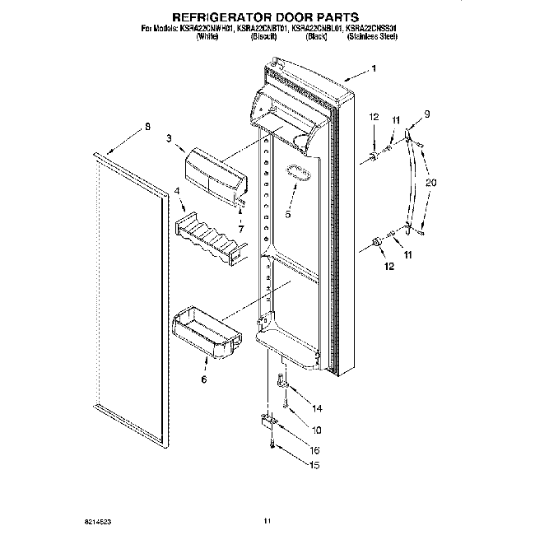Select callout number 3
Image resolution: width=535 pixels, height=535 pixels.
tap(169, 139)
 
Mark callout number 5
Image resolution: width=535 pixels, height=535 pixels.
tap(288, 214)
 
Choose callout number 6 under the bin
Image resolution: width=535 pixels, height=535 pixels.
tap(204, 379)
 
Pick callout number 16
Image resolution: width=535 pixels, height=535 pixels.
tap(314, 451)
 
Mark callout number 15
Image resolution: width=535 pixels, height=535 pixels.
tap(314, 466)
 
